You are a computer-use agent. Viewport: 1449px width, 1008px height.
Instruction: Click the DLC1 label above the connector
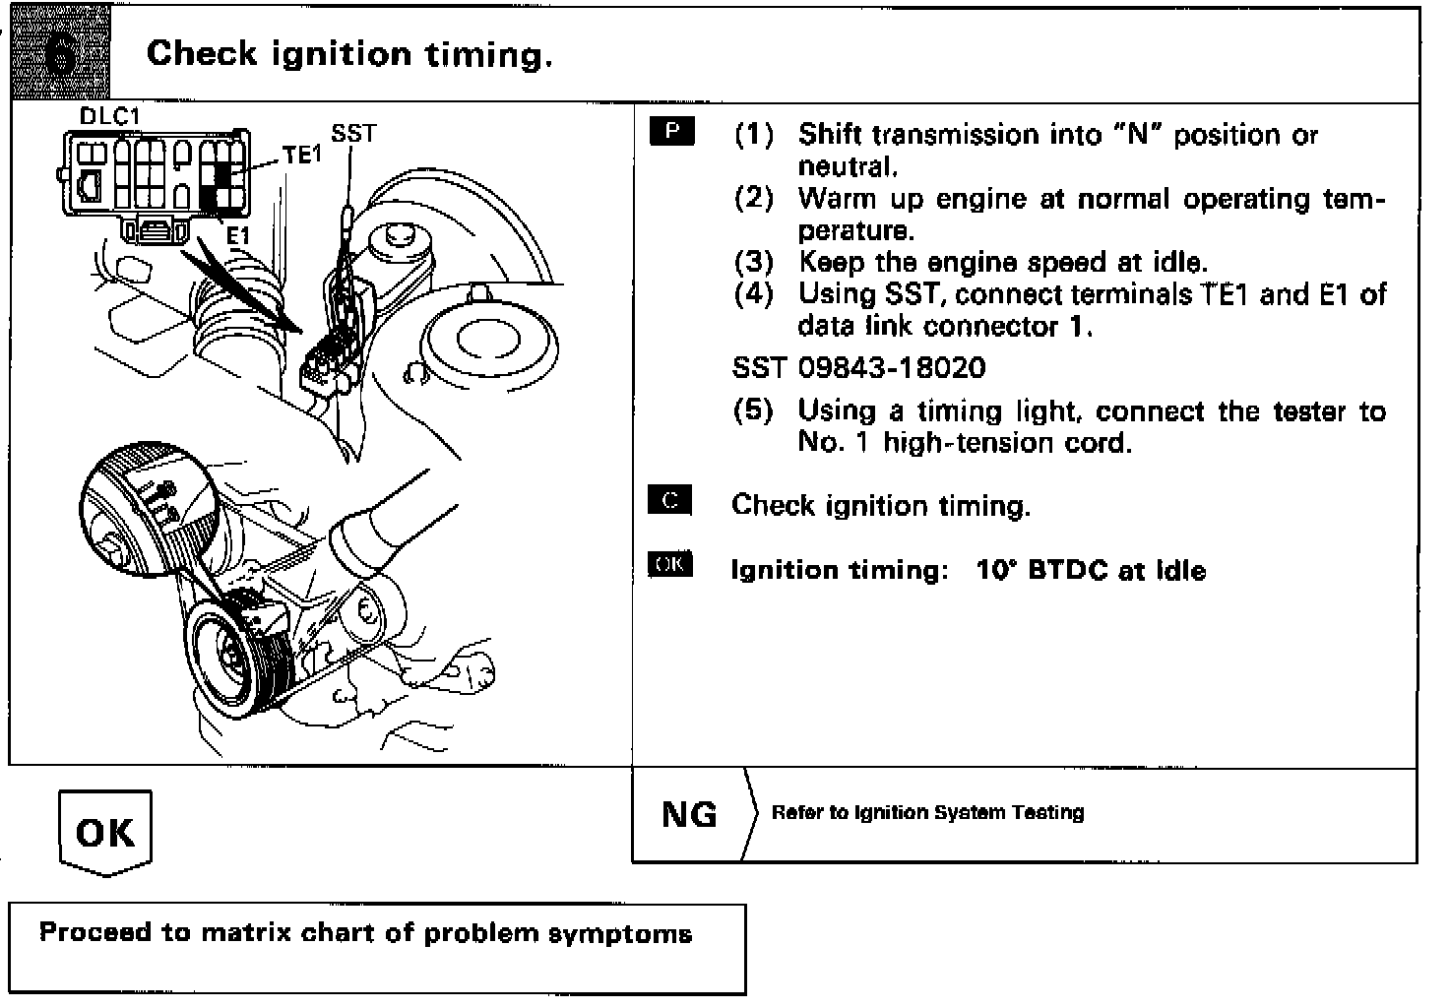tap(110, 116)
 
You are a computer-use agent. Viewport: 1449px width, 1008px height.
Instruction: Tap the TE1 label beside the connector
tap(302, 155)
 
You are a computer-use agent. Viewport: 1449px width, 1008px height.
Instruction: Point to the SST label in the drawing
tap(353, 133)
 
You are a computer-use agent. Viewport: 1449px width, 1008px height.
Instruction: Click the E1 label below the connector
tap(238, 236)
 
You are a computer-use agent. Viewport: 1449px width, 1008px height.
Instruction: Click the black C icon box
tap(670, 500)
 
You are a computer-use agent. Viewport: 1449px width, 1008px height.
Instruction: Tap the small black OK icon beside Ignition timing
tap(670, 564)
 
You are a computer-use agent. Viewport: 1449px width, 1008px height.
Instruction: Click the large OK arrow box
tap(104, 833)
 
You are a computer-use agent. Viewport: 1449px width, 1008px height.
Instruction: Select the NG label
tap(689, 814)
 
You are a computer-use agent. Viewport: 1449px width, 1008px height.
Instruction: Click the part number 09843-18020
tap(891, 368)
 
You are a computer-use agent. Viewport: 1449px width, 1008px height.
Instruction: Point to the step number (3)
tap(754, 263)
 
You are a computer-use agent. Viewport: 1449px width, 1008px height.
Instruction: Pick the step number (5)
tap(754, 410)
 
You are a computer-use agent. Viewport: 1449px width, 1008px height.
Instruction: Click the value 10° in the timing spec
tap(994, 570)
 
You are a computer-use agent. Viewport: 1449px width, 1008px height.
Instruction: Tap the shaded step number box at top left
tap(61, 54)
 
